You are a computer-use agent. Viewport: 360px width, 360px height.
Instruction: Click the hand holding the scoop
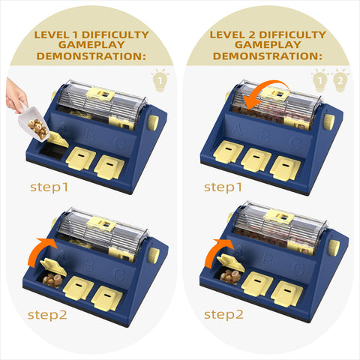tap(16, 96)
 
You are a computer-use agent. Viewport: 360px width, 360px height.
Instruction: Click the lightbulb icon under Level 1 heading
tap(160, 80)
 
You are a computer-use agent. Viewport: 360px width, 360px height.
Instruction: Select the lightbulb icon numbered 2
tap(340, 80)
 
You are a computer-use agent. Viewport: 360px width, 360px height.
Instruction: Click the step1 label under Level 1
tap(49, 187)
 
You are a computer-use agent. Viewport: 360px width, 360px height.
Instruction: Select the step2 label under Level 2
tap(223, 314)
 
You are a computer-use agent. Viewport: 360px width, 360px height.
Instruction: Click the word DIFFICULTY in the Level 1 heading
tap(115, 34)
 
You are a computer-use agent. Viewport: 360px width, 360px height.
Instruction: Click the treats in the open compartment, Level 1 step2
tap(52, 280)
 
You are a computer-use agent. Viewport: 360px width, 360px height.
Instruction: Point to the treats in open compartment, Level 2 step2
tap(230, 276)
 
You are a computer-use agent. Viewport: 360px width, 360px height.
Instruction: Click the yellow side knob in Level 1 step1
tap(153, 122)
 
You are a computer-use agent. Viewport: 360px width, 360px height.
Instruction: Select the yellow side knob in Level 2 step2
tap(334, 247)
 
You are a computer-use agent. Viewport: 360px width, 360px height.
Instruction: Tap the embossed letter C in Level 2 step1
tap(296, 143)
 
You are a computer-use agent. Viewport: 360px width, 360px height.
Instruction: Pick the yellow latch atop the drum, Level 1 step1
tap(100, 94)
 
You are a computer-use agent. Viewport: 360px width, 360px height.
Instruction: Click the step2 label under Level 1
tap(47, 315)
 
